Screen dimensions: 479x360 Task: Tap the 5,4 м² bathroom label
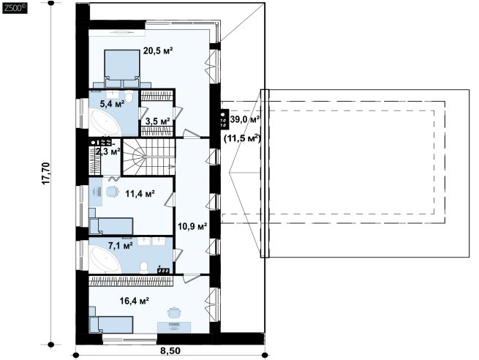click(112, 104)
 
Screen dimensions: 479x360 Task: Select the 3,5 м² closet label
click(158, 121)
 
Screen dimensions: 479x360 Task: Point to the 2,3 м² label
click(108, 151)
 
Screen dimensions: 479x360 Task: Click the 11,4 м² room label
click(140, 193)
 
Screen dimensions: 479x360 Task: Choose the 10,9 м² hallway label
click(193, 227)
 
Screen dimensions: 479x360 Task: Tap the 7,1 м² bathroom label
click(121, 245)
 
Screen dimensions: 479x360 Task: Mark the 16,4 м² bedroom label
click(134, 301)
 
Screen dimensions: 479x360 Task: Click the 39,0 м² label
click(245, 119)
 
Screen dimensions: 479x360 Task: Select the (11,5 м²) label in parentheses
click(242, 138)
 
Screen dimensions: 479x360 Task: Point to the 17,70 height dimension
click(46, 173)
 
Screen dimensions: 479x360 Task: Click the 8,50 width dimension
click(170, 350)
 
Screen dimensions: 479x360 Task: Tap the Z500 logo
click(15, 8)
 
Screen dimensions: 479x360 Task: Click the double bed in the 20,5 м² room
click(122, 69)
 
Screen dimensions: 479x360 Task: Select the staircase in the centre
click(148, 157)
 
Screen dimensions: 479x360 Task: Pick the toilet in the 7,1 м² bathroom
click(143, 267)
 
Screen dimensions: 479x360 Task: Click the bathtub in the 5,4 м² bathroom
click(105, 124)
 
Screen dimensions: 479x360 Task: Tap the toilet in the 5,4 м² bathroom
click(129, 97)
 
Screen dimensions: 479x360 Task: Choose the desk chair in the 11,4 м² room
click(113, 191)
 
